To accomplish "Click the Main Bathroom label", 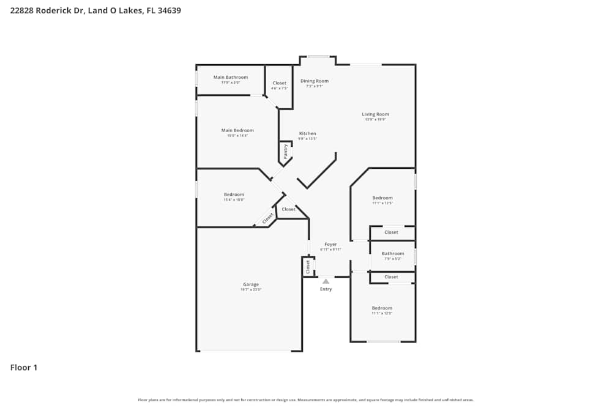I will pyautogui.click(x=231, y=77).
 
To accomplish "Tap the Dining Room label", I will pyautogui.click(x=315, y=81).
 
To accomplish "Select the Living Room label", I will pyautogui.click(x=375, y=114).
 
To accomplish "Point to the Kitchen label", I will pyautogui.click(x=307, y=133).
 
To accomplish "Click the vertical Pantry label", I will pyautogui.click(x=285, y=152).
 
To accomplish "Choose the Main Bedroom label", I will pyautogui.click(x=237, y=130).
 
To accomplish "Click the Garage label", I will pyautogui.click(x=251, y=284).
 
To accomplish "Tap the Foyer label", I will pyautogui.click(x=330, y=245).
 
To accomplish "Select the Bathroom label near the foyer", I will pyautogui.click(x=393, y=253).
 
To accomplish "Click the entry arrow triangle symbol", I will pyautogui.click(x=326, y=281).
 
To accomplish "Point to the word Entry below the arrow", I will pyautogui.click(x=326, y=289).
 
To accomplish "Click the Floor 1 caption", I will pyautogui.click(x=24, y=368).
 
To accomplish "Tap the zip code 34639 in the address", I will pyautogui.click(x=169, y=10).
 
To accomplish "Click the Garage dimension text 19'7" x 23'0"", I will pyautogui.click(x=251, y=290).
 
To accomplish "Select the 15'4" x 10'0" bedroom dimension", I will pyautogui.click(x=234, y=199).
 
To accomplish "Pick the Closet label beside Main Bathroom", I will pyautogui.click(x=279, y=83).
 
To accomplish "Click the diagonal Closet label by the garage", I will pyautogui.click(x=267, y=218).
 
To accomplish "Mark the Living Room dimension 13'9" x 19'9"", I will pyautogui.click(x=375, y=120).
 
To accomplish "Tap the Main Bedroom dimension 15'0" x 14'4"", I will pyautogui.click(x=237, y=136).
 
